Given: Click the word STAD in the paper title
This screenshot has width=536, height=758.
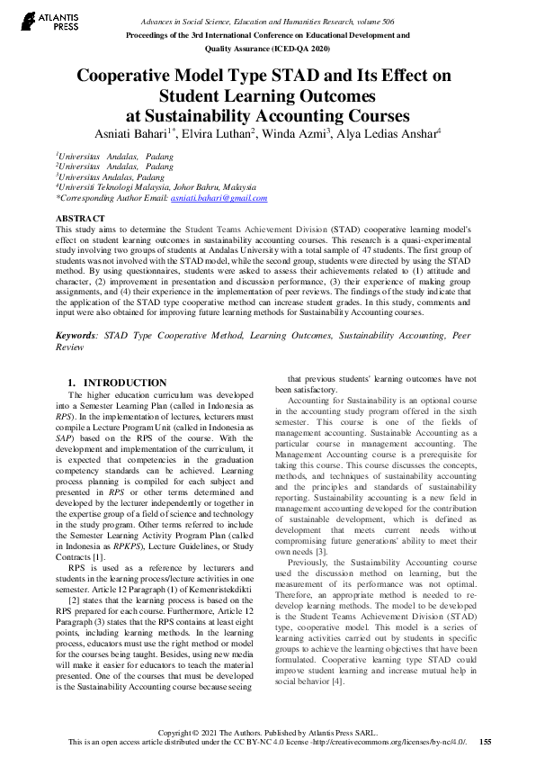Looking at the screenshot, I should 254,77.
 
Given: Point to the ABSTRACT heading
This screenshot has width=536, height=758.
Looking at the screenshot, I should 80,219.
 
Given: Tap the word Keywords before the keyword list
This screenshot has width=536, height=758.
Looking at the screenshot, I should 76,309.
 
